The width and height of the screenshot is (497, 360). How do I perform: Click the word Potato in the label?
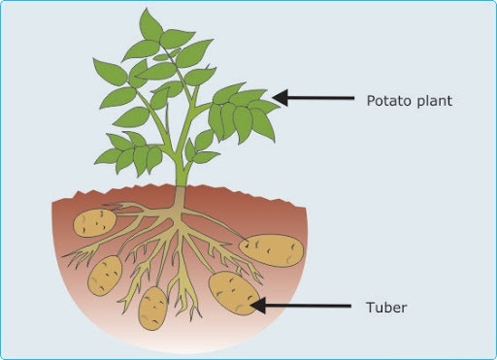[x=386, y=100]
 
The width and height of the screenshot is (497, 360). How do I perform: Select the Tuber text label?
[x=385, y=308]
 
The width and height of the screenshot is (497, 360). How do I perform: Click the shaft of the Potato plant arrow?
[x=320, y=97]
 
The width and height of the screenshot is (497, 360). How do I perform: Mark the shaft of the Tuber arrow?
[x=306, y=308]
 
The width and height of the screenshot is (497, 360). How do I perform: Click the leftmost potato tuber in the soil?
[x=95, y=222]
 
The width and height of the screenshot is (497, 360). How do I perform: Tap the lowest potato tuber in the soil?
[x=152, y=308]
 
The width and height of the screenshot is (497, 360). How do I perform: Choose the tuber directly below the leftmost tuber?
[x=105, y=276]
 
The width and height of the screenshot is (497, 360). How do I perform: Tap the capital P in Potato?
[x=371, y=100]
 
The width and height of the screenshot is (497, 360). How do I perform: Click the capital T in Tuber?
[x=370, y=308]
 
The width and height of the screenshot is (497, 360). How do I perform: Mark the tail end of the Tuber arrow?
[x=350, y=308]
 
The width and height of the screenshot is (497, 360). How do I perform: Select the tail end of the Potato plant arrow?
[x=354, y=97]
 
